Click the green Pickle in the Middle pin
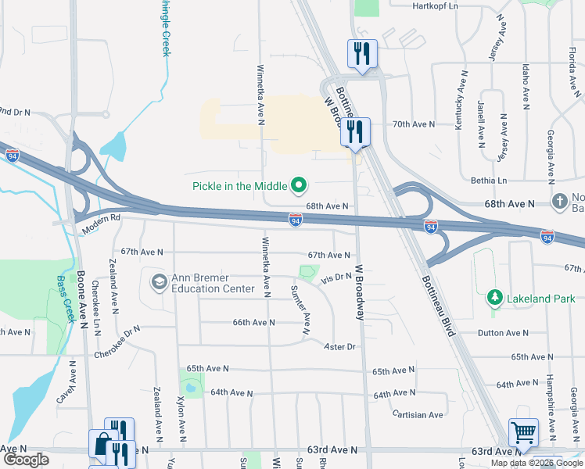(298, 186)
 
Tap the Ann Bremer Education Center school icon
(159, 281)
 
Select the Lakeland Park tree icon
(493, 298)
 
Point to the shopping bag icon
(102, 443)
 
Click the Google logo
(26, 460)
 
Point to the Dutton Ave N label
(504, 333)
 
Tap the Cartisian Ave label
(418, 414)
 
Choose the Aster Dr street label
(340, 346)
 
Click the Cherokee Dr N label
(117, 342)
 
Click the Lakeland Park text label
(541, 299)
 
